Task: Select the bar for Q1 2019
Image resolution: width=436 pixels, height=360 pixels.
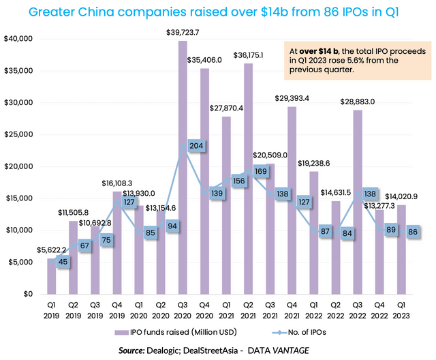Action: (52, 276)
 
